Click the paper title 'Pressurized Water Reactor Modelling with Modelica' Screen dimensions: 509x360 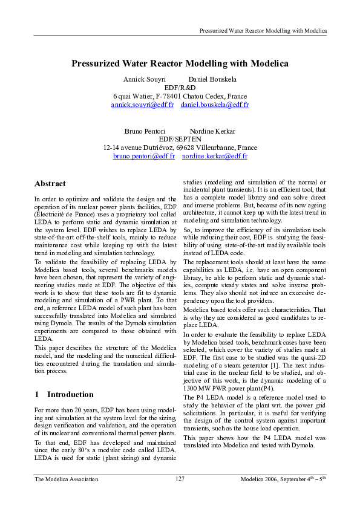[x=180, y=63]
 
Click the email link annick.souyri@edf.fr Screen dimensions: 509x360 [x=142, y=105]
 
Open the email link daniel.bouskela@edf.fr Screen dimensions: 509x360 [x=214, y=105]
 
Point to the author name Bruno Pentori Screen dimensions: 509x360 [x=145, y=131]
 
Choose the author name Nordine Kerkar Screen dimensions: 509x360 [x=212, y=131]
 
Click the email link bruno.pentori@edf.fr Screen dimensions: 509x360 [x=144, y=156]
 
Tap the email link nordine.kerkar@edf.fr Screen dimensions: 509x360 [x=214, y=156]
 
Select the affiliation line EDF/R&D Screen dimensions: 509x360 [x=180, y=88]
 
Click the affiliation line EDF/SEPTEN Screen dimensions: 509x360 [x=180, y=139]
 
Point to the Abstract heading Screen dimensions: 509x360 [x=50, y=183]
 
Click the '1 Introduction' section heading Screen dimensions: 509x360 [x=64, y=394]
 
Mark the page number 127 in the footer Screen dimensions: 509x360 [x=180, y=479]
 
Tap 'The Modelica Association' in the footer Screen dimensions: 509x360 [x=66, y=479]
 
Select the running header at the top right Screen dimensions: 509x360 [x=263, y=30]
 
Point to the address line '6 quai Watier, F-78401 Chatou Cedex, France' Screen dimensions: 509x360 [x=180, y=96]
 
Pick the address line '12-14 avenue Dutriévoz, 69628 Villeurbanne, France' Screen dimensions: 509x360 [x=180, y=148]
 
